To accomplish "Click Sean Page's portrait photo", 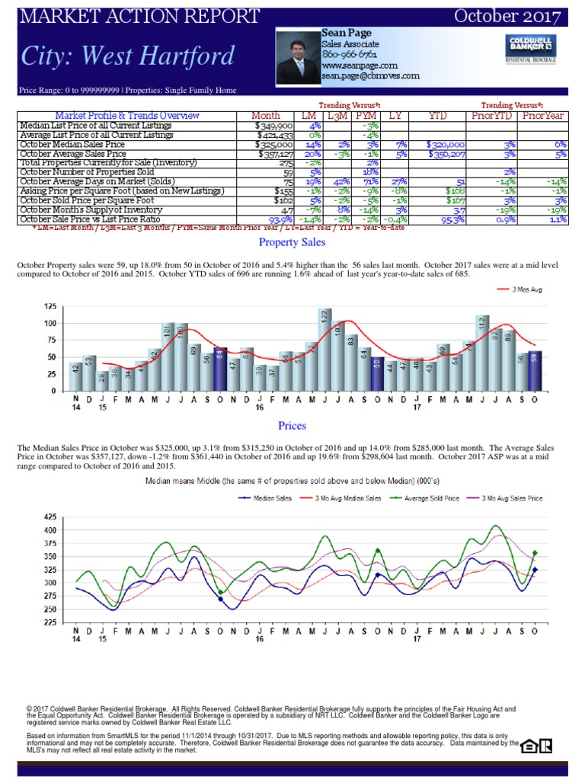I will point(298,58).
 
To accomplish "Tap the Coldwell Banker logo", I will point(529,48).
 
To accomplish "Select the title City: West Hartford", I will point(127,56).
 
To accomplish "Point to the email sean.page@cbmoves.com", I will point(370,75).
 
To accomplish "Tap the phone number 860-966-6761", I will point(349,55).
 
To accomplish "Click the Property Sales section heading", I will point(292,242).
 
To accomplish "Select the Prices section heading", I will point(292,424).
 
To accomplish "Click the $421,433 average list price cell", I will point(273,135).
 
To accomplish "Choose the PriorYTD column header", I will point(493,116).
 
